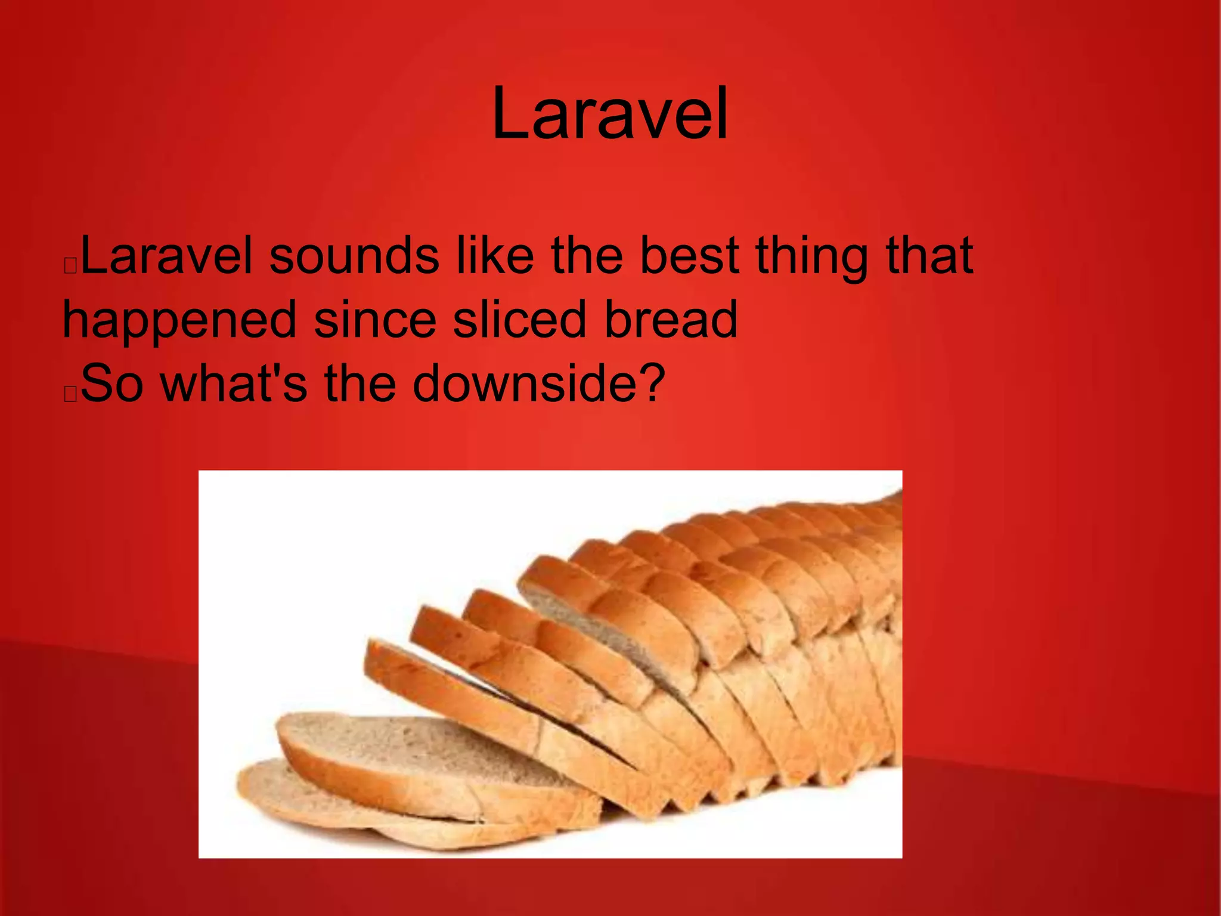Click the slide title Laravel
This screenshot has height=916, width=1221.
(x=610, y=113)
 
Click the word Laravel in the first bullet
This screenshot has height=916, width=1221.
(x=166, y=256)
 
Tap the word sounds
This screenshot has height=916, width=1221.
(x=354, y=256)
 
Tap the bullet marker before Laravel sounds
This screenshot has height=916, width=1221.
(x=70, y=266)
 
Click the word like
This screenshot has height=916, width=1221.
(x=495, y=256)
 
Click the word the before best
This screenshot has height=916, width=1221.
(x=587, y=256)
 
